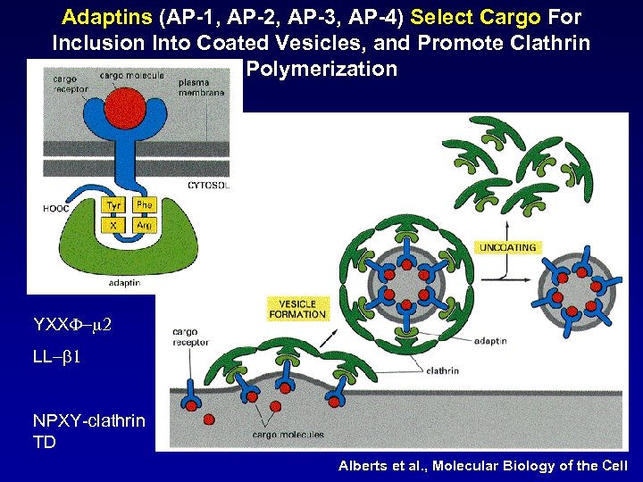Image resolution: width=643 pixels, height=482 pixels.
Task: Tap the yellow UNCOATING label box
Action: point(508,247)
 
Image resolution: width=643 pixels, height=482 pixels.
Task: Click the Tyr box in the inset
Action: point(113,205)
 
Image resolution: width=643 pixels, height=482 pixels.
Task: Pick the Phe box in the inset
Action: point(144,205)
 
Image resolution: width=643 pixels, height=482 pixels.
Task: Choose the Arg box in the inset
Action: point(144,226)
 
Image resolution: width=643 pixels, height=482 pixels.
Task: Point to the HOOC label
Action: point(56,209)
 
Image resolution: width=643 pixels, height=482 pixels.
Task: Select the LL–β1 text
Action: point(57,356)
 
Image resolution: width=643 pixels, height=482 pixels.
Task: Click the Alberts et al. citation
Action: point(483,466)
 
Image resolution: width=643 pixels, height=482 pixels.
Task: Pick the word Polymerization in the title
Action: point(321,69)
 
